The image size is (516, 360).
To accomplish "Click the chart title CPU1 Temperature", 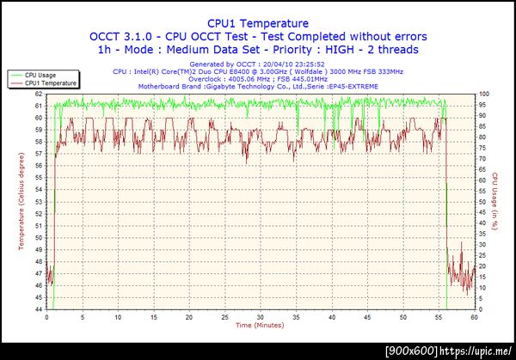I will pos(257,23).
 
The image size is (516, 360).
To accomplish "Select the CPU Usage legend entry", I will pos(42,76).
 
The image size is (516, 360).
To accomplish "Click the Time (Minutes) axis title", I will pos(260,326).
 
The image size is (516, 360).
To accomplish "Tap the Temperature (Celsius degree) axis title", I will pos(21,201).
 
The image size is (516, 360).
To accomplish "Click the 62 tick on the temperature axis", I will pos(39,94).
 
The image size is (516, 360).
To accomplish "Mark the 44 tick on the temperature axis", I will pos(39,308).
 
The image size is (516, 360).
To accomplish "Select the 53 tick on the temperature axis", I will pos(39,201).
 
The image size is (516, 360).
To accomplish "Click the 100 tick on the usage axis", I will pos(485,94).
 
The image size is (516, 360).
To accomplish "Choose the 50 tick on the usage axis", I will pos(483,201).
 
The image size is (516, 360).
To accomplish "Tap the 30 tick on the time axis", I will pos(260,317).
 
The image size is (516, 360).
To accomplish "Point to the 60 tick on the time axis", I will pos(474,317).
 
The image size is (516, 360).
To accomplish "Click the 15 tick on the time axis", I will pos(153,317).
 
